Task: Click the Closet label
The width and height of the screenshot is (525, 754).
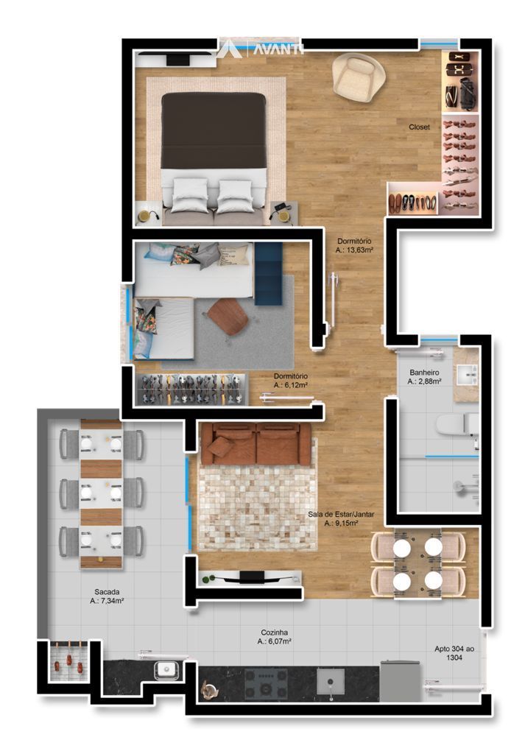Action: pyautogui.click(x=419, y=127)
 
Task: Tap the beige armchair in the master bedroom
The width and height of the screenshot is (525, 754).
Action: pyautogui.click(x=358, y=77)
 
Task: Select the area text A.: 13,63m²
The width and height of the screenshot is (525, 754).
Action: pyautogui.click(x=355, y=250)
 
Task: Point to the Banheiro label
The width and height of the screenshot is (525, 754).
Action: pyautogui.click(x=424, y=372)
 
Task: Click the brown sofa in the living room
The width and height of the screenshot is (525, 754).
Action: pyautogui.click(x=256, y=444)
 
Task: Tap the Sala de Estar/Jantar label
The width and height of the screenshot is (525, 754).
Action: pyautogui.click(x=342, y=514)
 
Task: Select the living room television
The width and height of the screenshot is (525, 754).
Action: pyautogui.click(x=251, y=577)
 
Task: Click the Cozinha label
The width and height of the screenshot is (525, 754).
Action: pyautogui.click(x=275, y=633)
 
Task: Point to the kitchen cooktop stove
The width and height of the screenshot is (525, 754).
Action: pyautogui.click(x=266, y=683)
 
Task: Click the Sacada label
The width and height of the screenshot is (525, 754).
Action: pyautogui.click(x=107, y=592)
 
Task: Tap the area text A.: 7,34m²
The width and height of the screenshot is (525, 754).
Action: pyautogui.click(x=108, y=601)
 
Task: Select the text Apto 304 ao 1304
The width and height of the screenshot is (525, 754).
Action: pyautogui.click(x=454, y=653)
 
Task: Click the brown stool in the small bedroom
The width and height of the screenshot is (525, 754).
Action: pyautogui.click(x=228, y=317)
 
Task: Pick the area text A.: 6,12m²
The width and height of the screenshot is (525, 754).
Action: pyautogui.click(x=291, y=385)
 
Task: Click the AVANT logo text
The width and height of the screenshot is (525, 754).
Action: pyautogui.click(x=278, y=49)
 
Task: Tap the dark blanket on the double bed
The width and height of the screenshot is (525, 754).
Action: pyautogui.click(x=214, y=130)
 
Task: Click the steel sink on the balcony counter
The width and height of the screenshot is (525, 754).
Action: pyautogui.click(x=166, y=669)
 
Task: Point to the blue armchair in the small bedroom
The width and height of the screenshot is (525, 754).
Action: pyautogui.click(x=268, y=274)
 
